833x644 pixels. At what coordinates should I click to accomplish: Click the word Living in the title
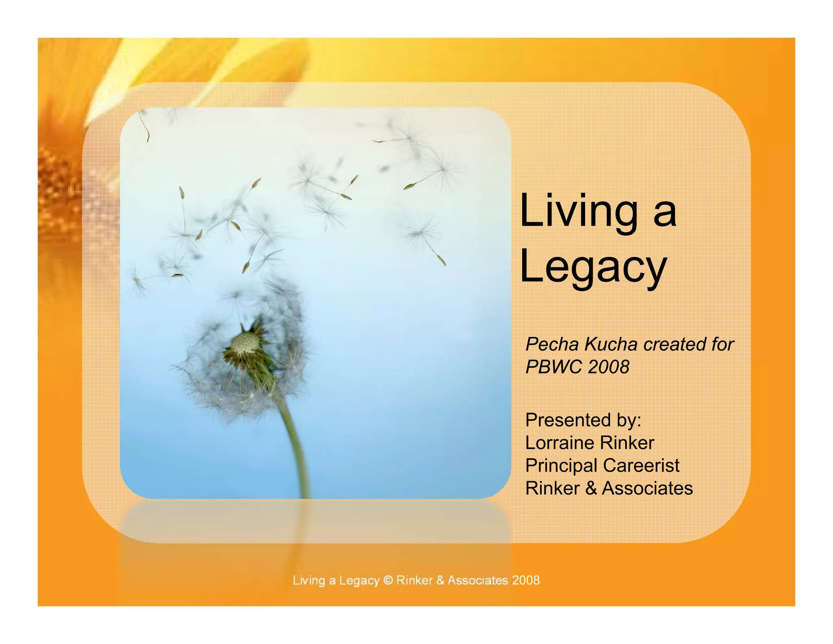pyautogui.click(x=579, y=212)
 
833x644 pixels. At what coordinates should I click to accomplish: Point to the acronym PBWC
pyautogui.click(x=554, y=367)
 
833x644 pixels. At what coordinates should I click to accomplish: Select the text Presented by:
pyautogui.click(x=583, y=420)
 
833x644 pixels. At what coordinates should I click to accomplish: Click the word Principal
pyautogui.click(x=561, y=466)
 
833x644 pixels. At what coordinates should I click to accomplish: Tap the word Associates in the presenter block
pyautogui.click(x=647, y=488)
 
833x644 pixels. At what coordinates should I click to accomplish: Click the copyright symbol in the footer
pyautogui.click(x=388, y=580)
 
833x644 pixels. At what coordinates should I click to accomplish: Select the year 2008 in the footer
pyautogui.click(x=526, y=580)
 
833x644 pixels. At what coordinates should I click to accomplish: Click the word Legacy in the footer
pyautogui.click(x=359, y=580)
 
